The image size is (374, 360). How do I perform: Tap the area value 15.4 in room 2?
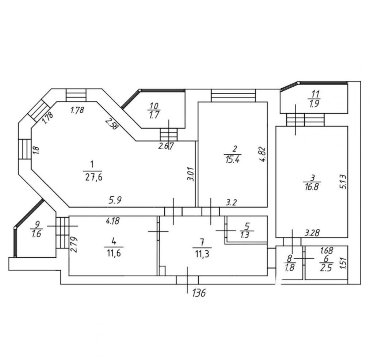[233, 160]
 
